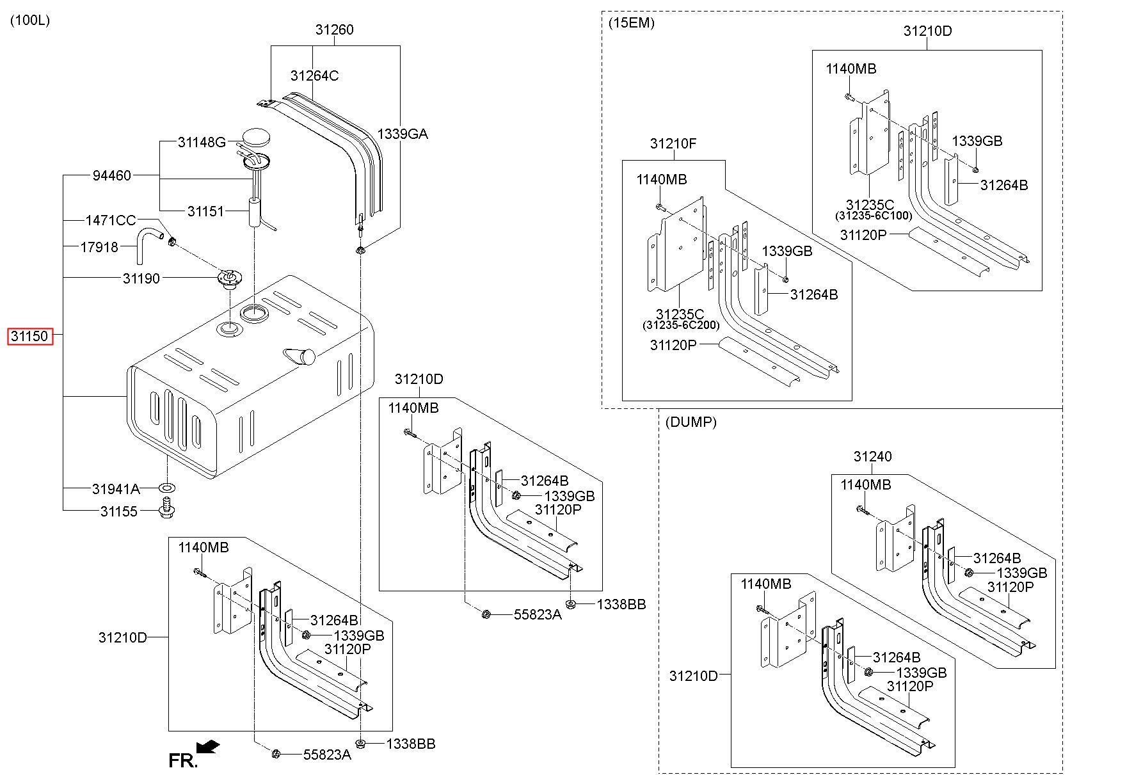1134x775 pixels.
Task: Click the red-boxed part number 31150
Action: tap(30, 335)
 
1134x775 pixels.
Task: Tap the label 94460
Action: tap(112, 175)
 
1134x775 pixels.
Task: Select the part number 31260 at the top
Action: tap(334, 29)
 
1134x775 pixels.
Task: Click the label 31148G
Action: tap(202, 142)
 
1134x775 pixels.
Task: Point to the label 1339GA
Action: tap(402, 134)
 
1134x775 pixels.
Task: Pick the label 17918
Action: tap(99, 247)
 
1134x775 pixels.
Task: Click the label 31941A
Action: tap(116, 490)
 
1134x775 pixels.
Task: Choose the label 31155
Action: tap(119, 511)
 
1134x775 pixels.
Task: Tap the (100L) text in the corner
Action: tap(29, 20)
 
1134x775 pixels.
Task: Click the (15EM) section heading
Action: tap(631, 23)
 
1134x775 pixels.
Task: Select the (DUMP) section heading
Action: tap(691, 422)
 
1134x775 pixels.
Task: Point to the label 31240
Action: tap(872, 456)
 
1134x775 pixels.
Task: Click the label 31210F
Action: tap(673, 143)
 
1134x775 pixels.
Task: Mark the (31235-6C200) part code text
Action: tap(681, 325)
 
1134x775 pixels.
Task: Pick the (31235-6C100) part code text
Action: tap(874, 216)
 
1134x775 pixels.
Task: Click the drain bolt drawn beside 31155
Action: tap(167, 511)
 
